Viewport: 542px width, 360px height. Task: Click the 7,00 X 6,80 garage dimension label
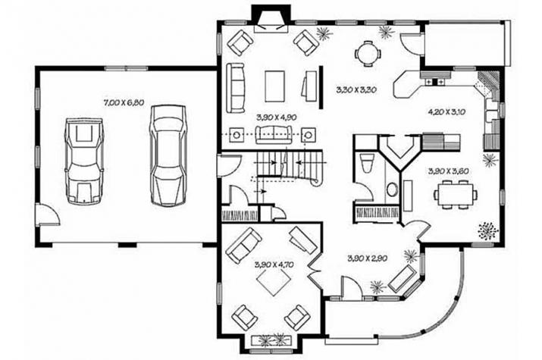[123, 102]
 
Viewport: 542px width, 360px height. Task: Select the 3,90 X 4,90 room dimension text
[276, 117]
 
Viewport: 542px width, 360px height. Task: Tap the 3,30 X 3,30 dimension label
[356, 90]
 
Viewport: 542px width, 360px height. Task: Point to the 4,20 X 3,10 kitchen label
[448, 111]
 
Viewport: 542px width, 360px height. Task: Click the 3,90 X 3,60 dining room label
[448, 171]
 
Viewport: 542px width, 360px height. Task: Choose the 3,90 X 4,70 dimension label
[274, 265]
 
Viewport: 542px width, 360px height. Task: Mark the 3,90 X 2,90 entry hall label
[367, 258]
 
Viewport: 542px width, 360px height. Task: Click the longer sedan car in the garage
[168, 156]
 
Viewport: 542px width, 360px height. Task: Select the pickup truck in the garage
[84, 161]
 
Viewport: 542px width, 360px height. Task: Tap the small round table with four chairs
[368, 54]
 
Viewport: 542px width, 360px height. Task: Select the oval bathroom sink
[392, 189]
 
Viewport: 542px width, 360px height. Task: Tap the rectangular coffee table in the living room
[275, 86]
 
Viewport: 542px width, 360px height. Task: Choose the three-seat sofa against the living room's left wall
[236, 88]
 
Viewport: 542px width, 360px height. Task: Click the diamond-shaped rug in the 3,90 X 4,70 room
[273, 278]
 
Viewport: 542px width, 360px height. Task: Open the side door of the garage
[47, 214]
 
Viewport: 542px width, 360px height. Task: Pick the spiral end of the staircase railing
[315, 182]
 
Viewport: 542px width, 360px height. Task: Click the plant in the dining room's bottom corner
[488, 230]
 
